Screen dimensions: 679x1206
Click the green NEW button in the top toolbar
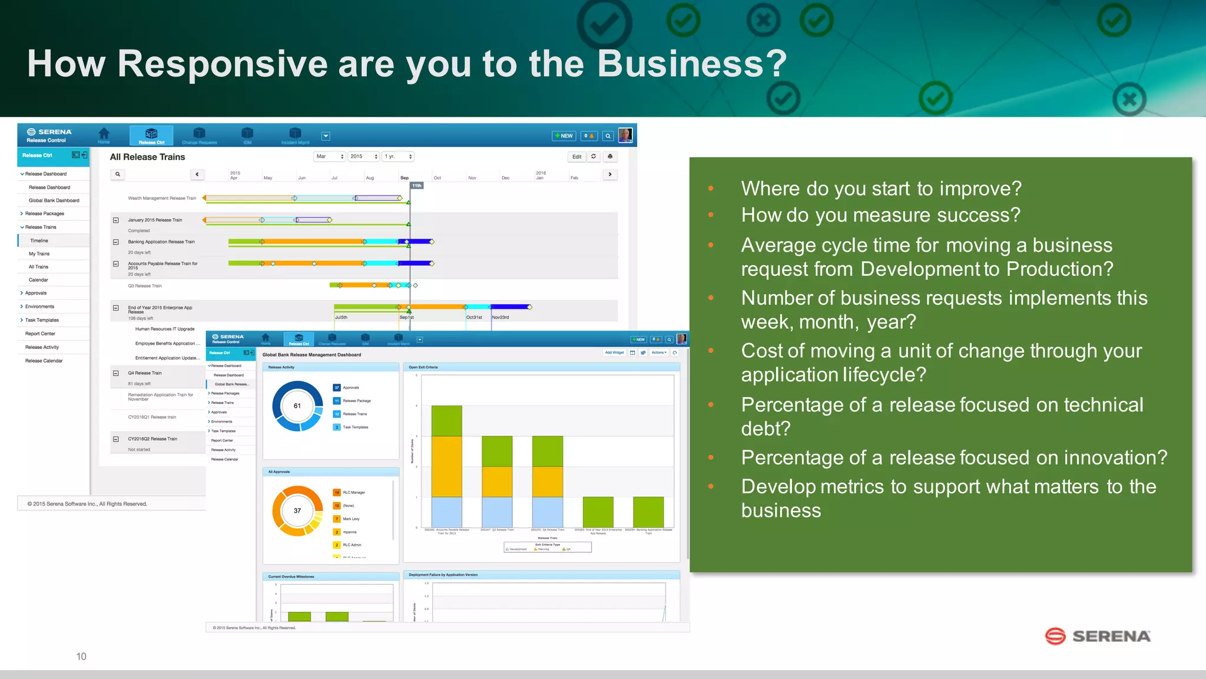click(x=564, y=136)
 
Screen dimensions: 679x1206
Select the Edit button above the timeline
click(x=577, y=157)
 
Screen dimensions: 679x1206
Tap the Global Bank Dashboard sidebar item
click(x=54, y=200)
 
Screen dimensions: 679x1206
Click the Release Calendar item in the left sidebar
click(x=44, y=361)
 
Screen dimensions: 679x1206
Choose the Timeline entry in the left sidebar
click(x=39, y=240)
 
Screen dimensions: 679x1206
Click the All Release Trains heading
click(x=147, y=157)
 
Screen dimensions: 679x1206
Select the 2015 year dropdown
click(x=363, y=156)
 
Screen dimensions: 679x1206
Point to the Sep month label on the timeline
click(x=405, y=177)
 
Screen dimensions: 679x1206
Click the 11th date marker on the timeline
click(x=416, y=186)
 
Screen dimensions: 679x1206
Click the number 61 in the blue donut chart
click(x=297, y=406)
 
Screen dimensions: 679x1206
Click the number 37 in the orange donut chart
click(x=297, y=510)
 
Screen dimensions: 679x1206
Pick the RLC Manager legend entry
click(x=353, y=493)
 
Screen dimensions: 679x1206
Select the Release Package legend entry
click(x=356, y=401)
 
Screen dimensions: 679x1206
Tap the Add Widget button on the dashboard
click(x=614, y=352)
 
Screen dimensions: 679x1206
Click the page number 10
click(x=81, y=656)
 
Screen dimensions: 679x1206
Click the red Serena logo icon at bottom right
click(x=1055, y=636)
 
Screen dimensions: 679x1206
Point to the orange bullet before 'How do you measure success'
click(x=711, y=215)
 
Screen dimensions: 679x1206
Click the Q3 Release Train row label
click(x=144, y=286)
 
